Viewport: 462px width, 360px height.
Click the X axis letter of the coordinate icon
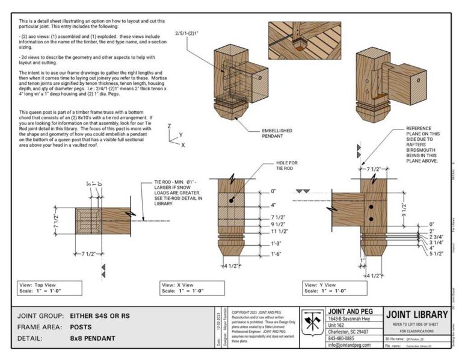pos(183,145)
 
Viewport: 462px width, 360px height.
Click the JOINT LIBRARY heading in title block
pos(417,314)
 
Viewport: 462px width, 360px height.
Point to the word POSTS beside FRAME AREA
pos(81,327)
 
